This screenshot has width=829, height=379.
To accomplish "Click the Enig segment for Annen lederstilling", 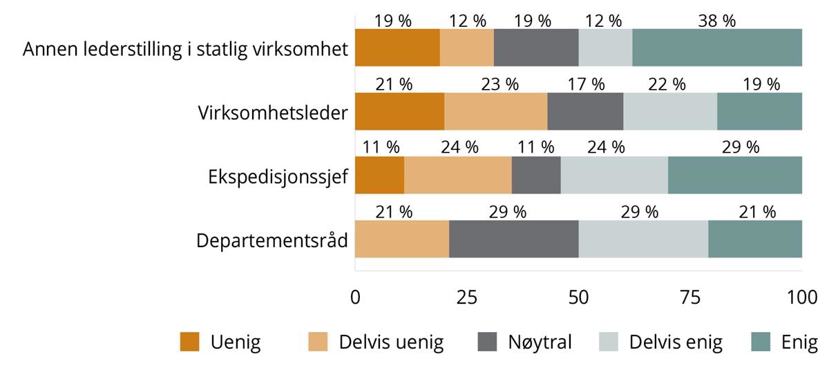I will tap(716, 48).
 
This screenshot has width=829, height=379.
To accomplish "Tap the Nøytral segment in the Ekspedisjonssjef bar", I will tap(535, 175).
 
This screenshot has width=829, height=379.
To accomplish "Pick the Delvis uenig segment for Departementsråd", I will tap(402, 238).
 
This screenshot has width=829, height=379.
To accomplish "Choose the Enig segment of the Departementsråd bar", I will tap(754, 238).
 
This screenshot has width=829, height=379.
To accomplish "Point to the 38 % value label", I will tap(716, 21).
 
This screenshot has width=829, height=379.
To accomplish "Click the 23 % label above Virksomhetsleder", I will tap(500, 84).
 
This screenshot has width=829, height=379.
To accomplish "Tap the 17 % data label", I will tap(585, 84).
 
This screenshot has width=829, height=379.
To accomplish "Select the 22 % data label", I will tap(667, 84).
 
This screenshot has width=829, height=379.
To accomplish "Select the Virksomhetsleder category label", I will tap(272, 113).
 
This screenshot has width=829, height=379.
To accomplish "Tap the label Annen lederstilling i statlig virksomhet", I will tap(185, 50).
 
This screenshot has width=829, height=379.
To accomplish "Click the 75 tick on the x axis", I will tap(690, 298).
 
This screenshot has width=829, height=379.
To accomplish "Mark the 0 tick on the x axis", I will tap(355, 298).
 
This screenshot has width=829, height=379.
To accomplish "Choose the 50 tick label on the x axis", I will tap(578, 298).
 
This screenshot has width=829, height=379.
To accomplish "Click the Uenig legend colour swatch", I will tap(189, 342).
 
